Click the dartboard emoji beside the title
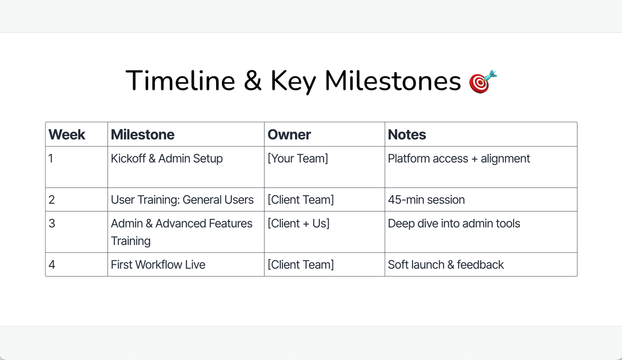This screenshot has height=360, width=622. (x=483, y=81)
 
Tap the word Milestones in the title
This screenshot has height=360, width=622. (x=393, y=81)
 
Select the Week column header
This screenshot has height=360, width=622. (x=67, y=135)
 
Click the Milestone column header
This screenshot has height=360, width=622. (x=143, y=135)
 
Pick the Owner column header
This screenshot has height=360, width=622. (x=289, y=135)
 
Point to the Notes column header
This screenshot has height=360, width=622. (x=407, y=135)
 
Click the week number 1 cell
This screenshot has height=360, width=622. (x=50, y=159)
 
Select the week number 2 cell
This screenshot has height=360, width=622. (x=51, y=200)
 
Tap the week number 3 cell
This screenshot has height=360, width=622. (x=51, y=224)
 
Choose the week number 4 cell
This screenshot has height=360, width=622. (x=51, y=265)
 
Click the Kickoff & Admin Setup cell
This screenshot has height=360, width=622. (x=167, y=159)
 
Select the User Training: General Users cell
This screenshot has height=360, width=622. (x=182, y=200)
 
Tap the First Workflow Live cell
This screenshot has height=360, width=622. (x=158, y=265)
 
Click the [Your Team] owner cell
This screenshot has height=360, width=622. (x=298, y=159)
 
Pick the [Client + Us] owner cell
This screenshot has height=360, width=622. (x=299, y=224)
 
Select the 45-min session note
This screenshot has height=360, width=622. (x=426, y=200)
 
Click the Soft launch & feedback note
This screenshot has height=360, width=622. (x=446, y=265)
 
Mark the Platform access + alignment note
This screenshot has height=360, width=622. (x=459, y=159)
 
